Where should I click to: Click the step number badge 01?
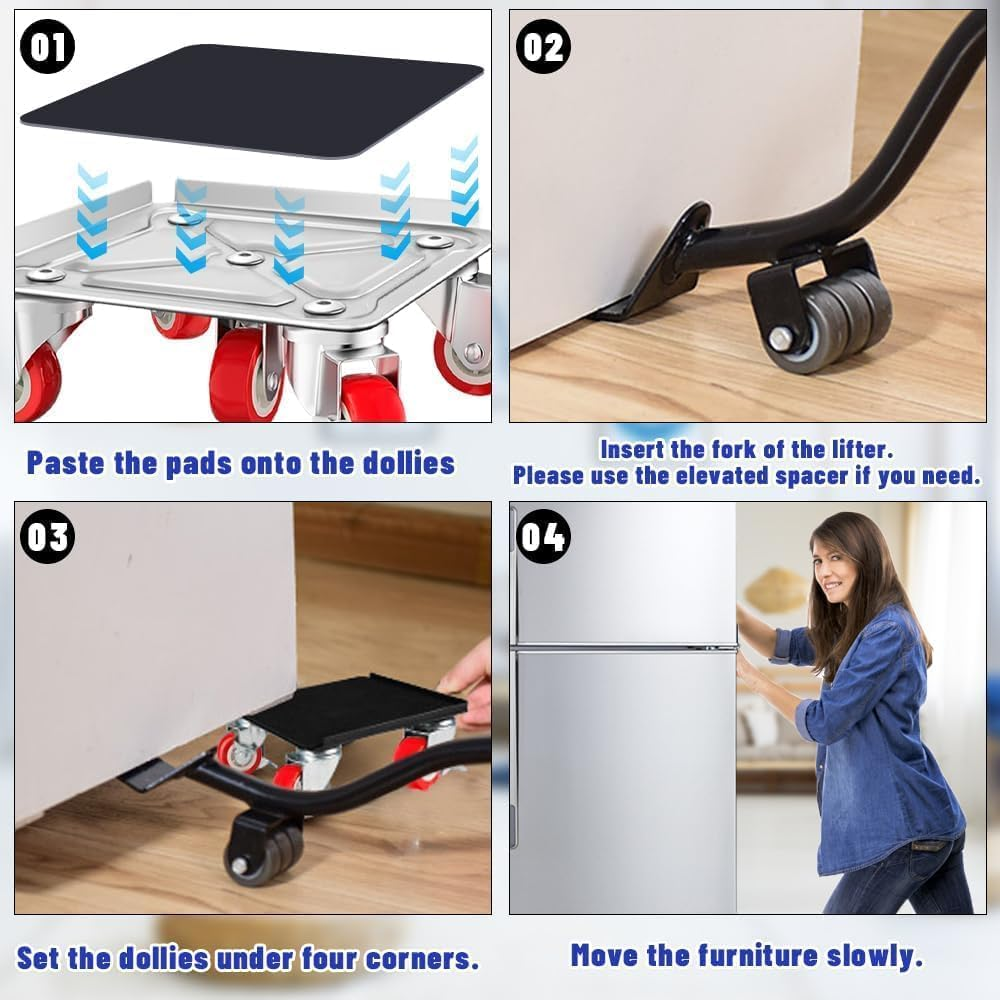click(48, 46)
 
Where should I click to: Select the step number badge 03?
click(48, 538)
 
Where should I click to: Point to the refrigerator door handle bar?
click(625, 648)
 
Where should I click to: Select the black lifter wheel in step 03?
click(262, 851)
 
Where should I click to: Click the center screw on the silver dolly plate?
click(246, 258)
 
